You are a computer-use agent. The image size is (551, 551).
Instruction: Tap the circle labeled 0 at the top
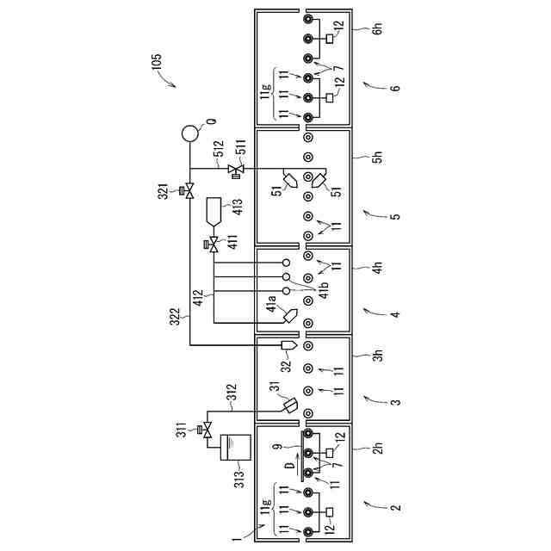(189, 134)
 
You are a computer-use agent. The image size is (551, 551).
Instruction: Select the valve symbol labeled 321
(189, 190)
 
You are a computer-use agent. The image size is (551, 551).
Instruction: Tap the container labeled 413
(215, 210)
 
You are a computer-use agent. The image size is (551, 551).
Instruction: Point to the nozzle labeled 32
(288, 346)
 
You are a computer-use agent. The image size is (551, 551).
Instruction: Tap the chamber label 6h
(376, 28)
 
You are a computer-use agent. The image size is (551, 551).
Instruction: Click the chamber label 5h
(376, 160)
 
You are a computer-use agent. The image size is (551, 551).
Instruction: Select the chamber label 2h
(376, 451)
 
